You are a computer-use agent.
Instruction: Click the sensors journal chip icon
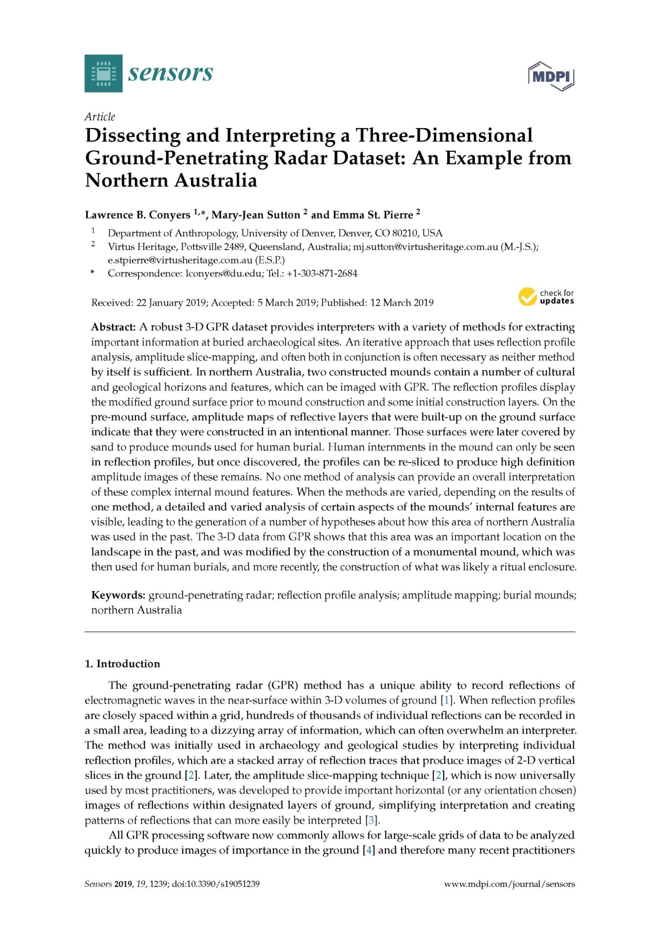point(103,73)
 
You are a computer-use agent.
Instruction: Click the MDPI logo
point(552,76)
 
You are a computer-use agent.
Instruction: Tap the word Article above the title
point(100,117)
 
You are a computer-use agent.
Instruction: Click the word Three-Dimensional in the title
point(444,135)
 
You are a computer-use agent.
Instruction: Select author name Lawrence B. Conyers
point(138,215)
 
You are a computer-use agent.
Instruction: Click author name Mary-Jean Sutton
point(256,215)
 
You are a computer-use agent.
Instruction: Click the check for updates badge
point(546,297)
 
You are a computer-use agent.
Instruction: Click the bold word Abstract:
point(113,327)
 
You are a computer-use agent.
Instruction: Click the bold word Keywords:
point(118,595)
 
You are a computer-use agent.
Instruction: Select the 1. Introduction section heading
point(123,664)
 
